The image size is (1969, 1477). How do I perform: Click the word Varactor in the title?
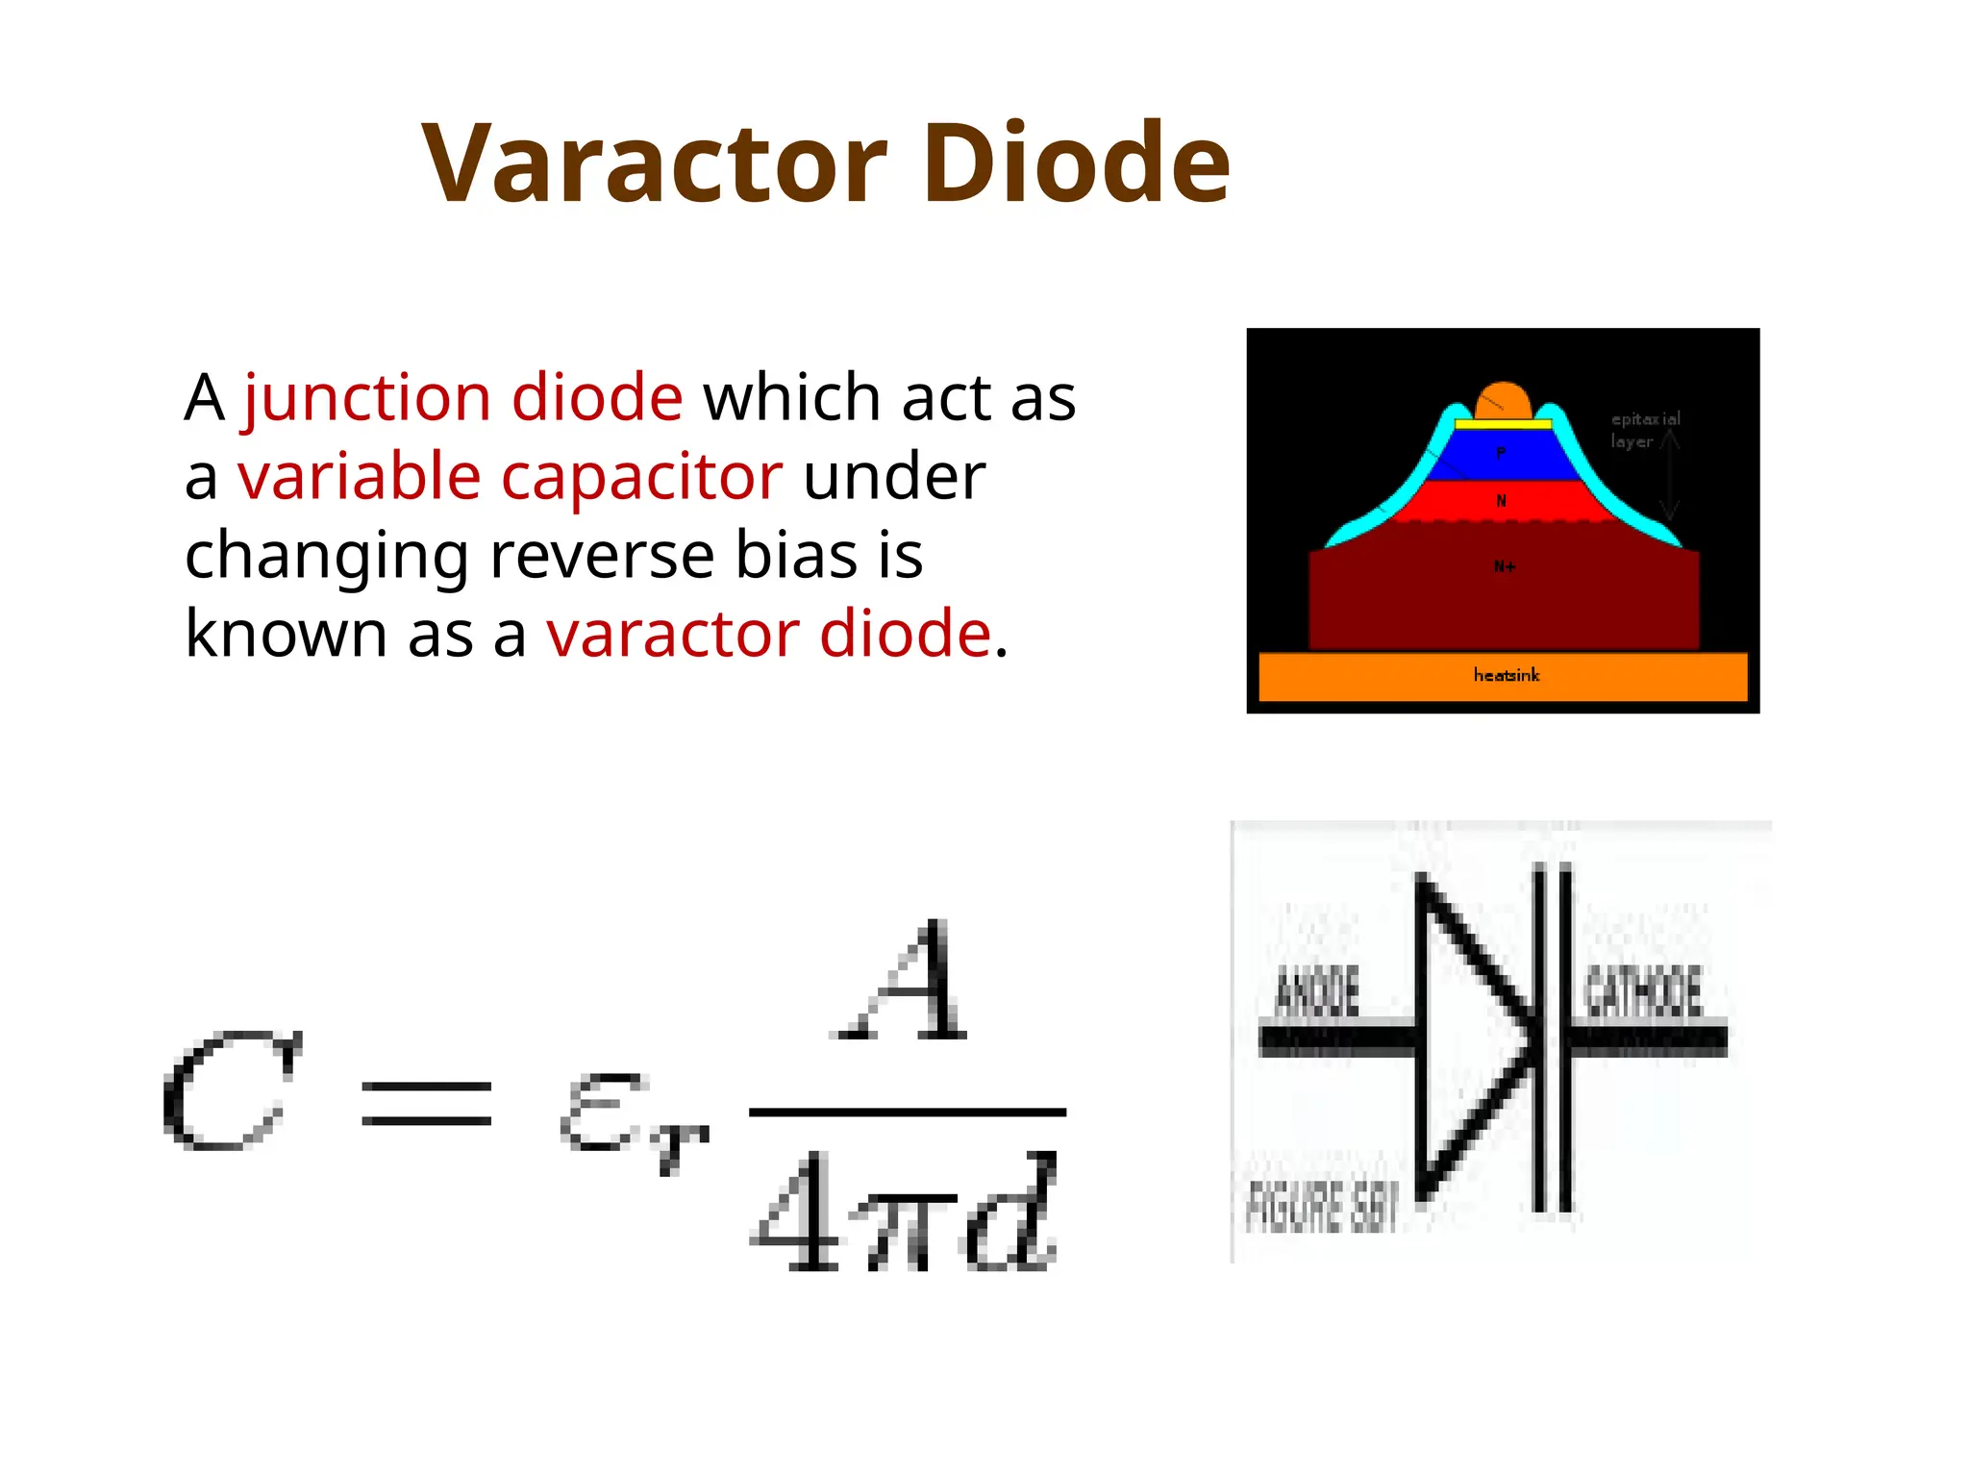pos(654,163)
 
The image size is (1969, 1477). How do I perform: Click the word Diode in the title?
pos(1076,163)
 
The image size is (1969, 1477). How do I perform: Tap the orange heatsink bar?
pos(1503,676)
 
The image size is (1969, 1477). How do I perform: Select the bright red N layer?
pos(1503,501)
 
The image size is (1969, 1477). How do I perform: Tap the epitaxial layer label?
pos(1645,430)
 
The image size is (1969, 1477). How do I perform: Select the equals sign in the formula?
pos(426,1103)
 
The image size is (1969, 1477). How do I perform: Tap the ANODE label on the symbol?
pos(1316,992)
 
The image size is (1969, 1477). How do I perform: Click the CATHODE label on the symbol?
pos(1642,992)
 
